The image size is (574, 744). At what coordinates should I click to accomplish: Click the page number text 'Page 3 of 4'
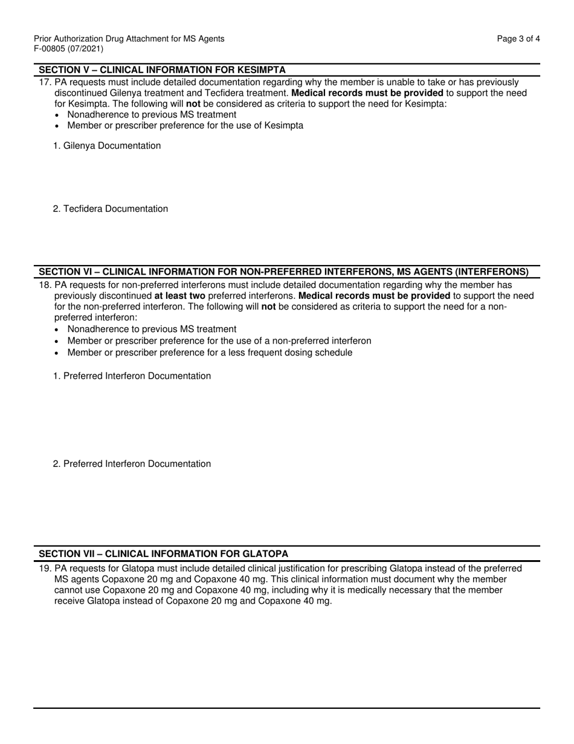518,39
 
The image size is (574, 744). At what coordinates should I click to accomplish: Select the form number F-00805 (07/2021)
68,49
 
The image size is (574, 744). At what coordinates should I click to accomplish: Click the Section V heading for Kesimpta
162,70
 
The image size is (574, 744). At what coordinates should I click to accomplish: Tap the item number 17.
45,82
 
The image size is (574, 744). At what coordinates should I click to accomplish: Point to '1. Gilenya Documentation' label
107,146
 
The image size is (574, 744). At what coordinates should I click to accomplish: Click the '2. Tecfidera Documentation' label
111,209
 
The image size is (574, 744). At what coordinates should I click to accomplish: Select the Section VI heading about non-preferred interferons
283,272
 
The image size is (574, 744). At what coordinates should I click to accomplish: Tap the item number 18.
45,285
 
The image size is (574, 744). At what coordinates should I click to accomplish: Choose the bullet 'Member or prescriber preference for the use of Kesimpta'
185,126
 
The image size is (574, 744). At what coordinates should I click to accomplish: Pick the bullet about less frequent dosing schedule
210,353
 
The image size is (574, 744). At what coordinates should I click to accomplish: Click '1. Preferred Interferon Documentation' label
132,376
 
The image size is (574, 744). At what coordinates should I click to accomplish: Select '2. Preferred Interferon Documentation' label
132,464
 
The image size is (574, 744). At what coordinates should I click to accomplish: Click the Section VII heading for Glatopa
163,554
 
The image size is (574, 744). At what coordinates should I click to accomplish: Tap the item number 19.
45,569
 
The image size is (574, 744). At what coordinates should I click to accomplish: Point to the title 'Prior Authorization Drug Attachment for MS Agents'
129,39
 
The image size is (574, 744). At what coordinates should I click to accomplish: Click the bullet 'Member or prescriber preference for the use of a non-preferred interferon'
219,341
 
